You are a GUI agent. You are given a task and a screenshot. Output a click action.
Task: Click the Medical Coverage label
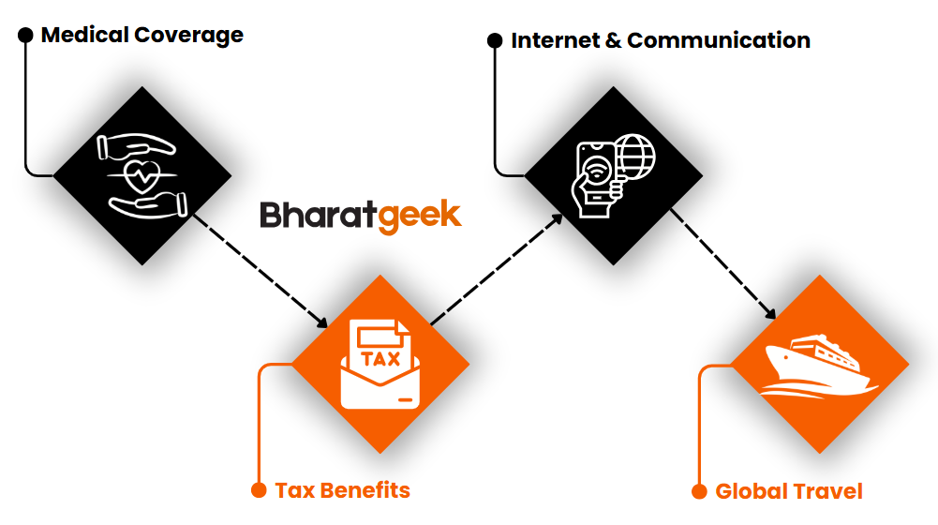click(x=142, y=36)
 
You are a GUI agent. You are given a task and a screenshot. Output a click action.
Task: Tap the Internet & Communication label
click(x=661, y=40)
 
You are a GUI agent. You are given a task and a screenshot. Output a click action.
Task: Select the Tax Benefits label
click(x=343, y=490)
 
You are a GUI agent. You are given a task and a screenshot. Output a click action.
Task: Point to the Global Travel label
click(x=789, y=491)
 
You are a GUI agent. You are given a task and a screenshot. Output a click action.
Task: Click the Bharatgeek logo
click(x=360, y=217)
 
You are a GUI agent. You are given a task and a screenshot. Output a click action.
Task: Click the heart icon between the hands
click(x=141, y=175)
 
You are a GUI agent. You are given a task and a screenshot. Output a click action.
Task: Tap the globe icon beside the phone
click(x=634, y=157)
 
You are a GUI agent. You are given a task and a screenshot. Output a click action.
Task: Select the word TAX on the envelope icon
click(x=380, y=358)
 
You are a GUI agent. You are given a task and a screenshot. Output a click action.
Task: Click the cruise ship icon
click(x=818, y=366)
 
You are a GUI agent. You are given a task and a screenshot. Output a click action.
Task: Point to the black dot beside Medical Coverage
click(x=25, y=36)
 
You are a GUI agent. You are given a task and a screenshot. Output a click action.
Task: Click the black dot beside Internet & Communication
click(x=495, y=40)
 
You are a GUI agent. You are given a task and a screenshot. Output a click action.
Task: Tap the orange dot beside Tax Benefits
click(x=259, y=490)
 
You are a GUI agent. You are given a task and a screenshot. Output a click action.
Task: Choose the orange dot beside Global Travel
click(x=699, y=491)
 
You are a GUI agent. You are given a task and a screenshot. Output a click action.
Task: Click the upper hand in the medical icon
click(x=135, y=146)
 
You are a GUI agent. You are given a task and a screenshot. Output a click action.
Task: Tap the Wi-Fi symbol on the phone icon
click(x=596, y=172)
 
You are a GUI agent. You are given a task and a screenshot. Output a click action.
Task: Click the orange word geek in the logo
click(x=420, y=217)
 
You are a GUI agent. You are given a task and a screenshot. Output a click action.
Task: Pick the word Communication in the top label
click(x=719, y=40)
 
